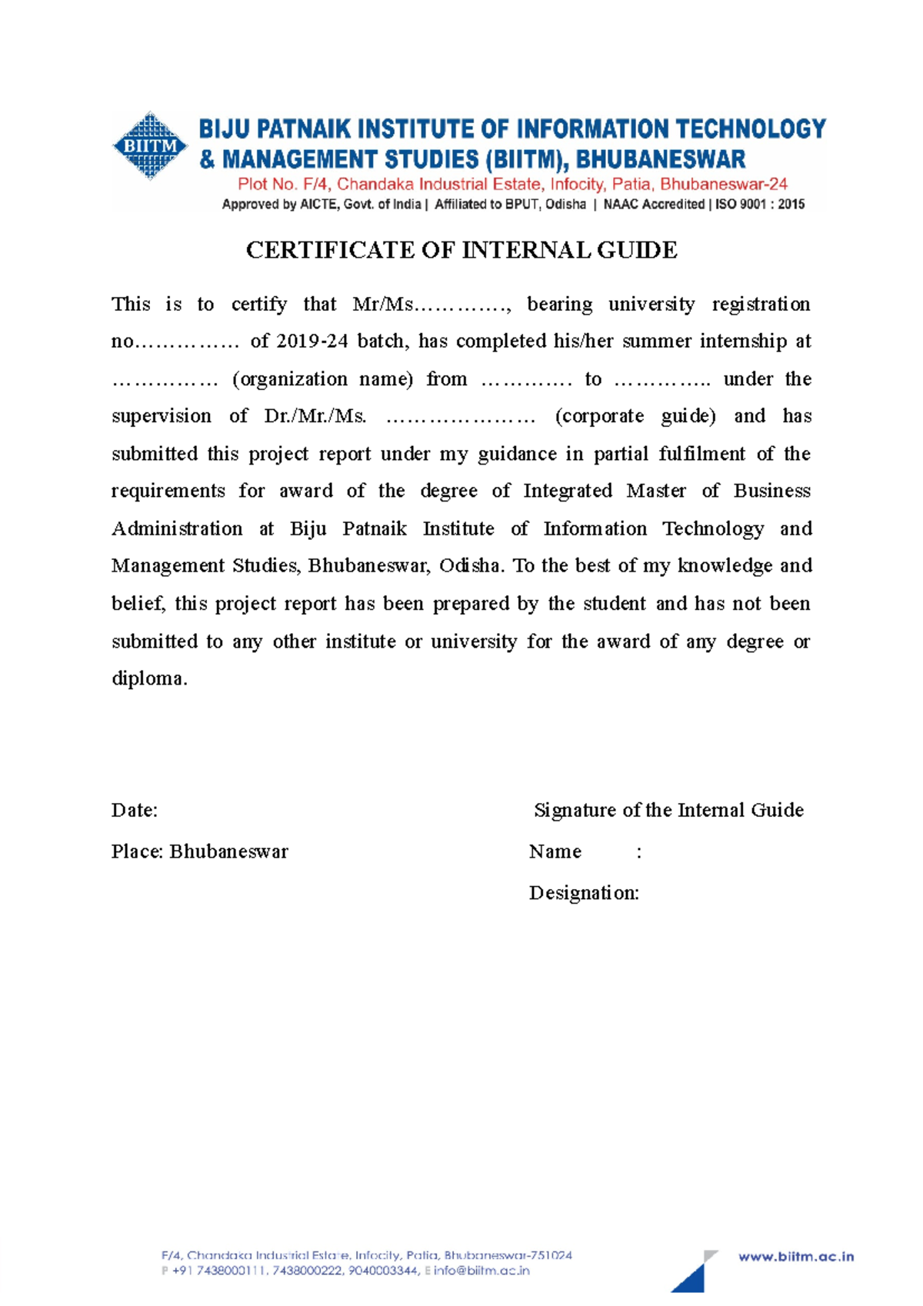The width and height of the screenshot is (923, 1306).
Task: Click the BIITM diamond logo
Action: point(150,145)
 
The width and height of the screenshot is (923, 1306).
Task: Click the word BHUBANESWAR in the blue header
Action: point(661,159)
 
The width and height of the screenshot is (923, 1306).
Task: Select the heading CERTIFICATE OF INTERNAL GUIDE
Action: point(461,250)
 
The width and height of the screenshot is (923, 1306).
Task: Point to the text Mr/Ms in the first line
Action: point(382,305)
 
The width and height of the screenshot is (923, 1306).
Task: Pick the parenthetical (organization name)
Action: point(322,379)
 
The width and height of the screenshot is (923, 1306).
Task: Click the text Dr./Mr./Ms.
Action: point(315,416)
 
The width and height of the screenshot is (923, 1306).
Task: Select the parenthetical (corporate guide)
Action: point(635,416)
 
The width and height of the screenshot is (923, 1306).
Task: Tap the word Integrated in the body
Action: point(568,491)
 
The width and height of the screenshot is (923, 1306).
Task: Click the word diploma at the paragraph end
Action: point(148,678)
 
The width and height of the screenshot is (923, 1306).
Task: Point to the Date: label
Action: point(135,810)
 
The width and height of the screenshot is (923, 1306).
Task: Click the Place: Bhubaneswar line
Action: point(200,851)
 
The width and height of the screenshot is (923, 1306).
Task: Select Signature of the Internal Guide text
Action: point(668,810)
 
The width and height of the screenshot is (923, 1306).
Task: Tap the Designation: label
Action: point(584,893)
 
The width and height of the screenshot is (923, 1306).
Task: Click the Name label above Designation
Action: point(555,851)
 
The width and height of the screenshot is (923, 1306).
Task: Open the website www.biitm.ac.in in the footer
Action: point(796,1257)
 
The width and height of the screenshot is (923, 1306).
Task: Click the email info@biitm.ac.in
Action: point(481,1271)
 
